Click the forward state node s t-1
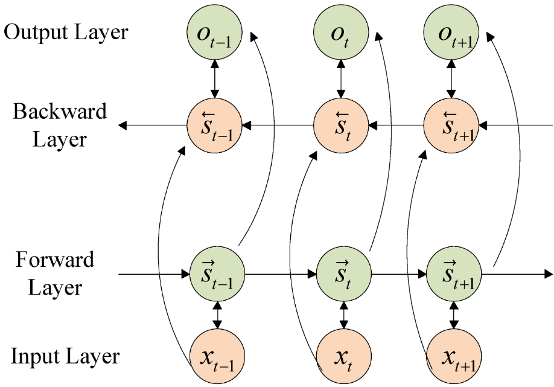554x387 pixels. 217,274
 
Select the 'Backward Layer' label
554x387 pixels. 59,126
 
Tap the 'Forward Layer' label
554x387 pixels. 55,273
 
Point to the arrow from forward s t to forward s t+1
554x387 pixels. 398,274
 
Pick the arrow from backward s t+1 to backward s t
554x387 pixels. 396,126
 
